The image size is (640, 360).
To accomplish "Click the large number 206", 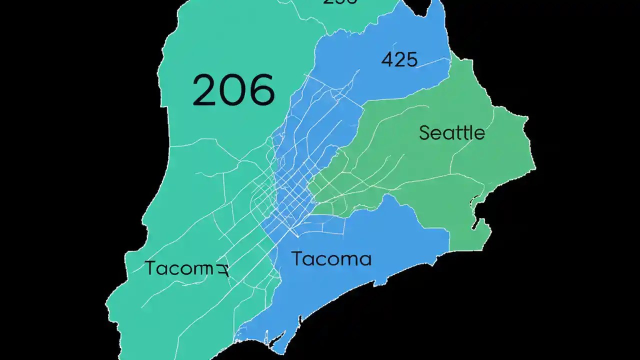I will point(233,90).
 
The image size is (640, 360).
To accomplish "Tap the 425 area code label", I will point(399,60).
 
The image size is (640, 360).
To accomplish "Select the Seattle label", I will point(452,133).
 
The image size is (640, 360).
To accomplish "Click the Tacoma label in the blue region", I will point(331,259).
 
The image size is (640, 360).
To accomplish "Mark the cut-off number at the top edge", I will point(340,2).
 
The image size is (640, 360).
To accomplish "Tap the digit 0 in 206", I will point(234,90).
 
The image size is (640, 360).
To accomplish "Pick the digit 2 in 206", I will point(206,90).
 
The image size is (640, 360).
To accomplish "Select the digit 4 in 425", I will point(387,60).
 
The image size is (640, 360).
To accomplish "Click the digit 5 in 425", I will point(411,60).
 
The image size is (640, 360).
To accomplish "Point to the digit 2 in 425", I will point(399,60).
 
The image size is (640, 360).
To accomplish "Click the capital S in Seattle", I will point(425,133).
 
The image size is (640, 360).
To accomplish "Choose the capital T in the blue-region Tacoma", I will point(297,258).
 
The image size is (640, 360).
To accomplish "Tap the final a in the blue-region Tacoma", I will point(365,260).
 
